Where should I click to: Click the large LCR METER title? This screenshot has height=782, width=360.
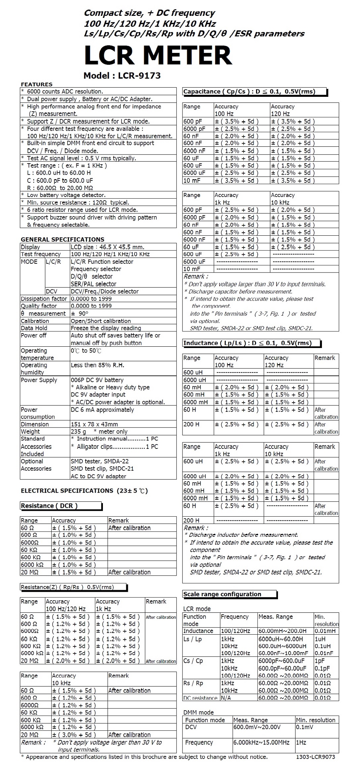[158, 55]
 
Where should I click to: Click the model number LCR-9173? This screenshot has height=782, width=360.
[122, 76]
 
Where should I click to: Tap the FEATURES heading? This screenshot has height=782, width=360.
[36, 84]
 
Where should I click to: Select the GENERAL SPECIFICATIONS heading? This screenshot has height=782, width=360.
[62, 239]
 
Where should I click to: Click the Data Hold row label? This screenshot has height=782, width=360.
[34, 328]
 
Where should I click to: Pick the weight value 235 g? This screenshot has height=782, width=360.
[78, 432]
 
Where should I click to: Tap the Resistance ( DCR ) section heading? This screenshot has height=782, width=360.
[49, 506]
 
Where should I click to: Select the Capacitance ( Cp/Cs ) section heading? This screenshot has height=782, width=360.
[249, 91]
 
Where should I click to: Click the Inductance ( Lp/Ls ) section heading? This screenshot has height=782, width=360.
[247, 343]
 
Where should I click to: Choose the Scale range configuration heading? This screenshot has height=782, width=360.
[222, 594]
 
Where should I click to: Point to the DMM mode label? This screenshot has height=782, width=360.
[198, 713]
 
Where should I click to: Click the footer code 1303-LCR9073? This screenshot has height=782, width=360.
[315, 757]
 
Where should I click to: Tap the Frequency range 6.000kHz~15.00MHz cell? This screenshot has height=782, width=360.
[261, 742]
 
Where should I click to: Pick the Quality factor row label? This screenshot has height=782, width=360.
[39, 306]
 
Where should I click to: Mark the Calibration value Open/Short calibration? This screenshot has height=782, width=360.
[101, 321]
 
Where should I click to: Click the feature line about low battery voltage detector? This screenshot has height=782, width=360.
[66, 195]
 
